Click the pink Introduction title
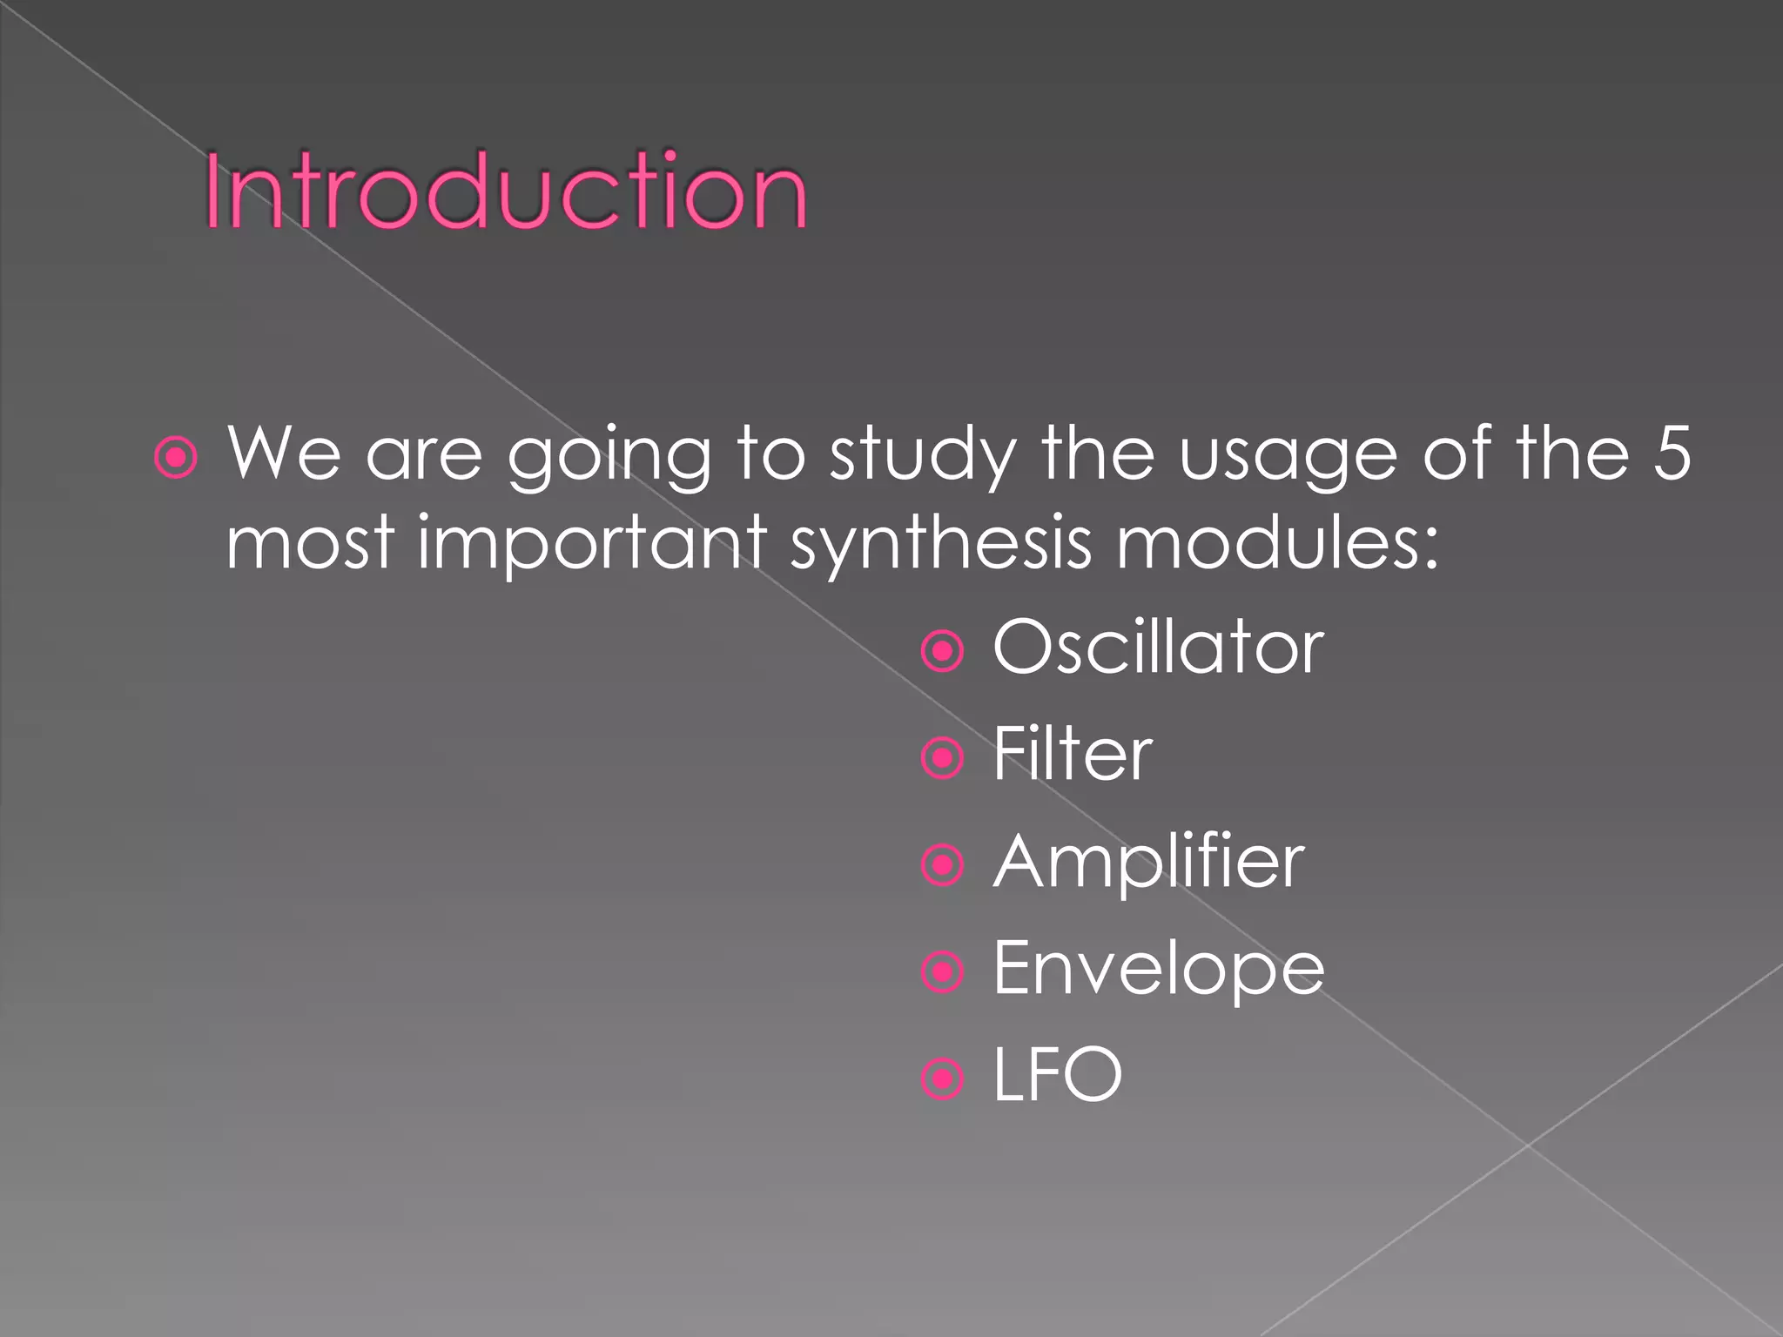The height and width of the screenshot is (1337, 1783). (506, 191)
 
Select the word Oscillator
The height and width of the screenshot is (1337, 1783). (1158, 648)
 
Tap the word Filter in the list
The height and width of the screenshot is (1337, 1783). (1073, 755)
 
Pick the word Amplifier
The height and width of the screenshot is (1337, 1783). (1148, 863)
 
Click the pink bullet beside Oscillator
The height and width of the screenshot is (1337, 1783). (942, 651)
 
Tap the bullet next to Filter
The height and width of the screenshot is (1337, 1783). (942, 758)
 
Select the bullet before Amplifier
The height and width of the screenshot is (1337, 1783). (942, 865)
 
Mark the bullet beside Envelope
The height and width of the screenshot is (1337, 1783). (942, 972)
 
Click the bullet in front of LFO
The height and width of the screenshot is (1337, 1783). (942, 1079)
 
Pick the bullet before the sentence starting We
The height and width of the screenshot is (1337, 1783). (175, 457)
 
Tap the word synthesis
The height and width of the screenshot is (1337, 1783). (940, 544)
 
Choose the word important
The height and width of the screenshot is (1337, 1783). (592, 544)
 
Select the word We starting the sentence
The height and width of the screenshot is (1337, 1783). (284, 454)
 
